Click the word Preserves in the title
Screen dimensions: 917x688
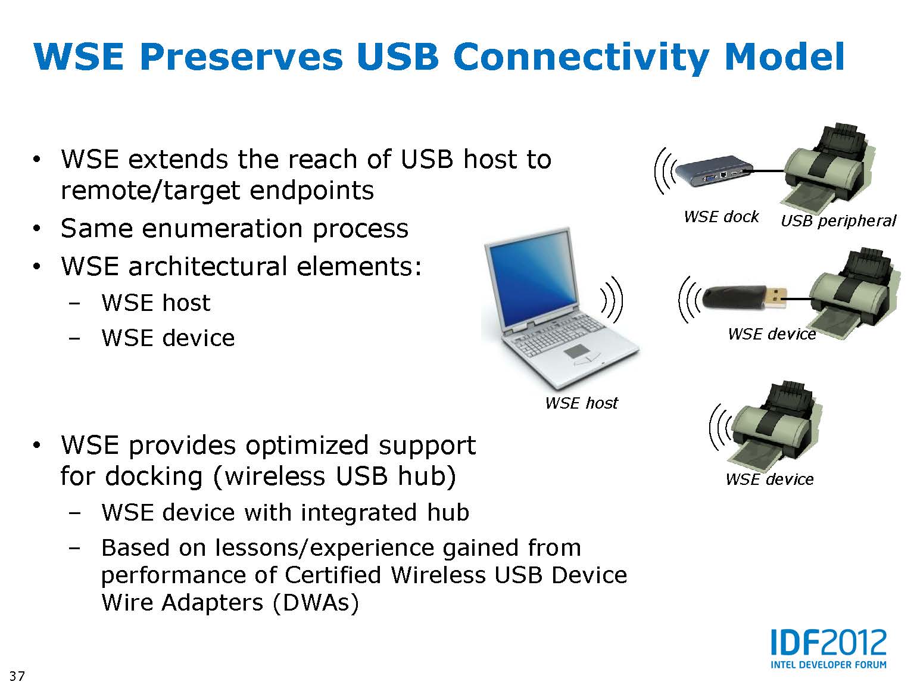[x=241, y=58]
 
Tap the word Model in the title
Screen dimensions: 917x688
[x=785, y=57]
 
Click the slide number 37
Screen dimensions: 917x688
[x=17, y=675]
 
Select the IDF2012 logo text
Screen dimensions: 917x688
[x=828, y=643]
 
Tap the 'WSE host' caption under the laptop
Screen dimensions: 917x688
[x=581, y=403]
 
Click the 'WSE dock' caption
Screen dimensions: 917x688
[x=721, y=216]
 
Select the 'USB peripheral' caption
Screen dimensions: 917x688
[x=838, y=220]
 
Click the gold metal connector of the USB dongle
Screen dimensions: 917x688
[x=776, y=298]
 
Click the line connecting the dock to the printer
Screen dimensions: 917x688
[x=768, y=171]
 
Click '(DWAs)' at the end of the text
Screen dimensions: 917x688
[x=316, y=603]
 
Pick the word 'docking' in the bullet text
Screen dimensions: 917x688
[x=154, y=477]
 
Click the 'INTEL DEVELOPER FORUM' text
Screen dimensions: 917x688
[x=828, y=665]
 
